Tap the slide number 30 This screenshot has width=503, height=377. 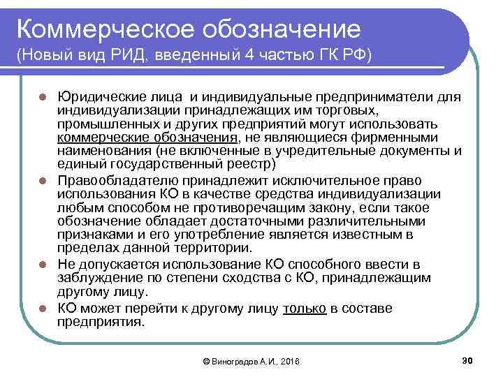[x=467, y=359]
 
